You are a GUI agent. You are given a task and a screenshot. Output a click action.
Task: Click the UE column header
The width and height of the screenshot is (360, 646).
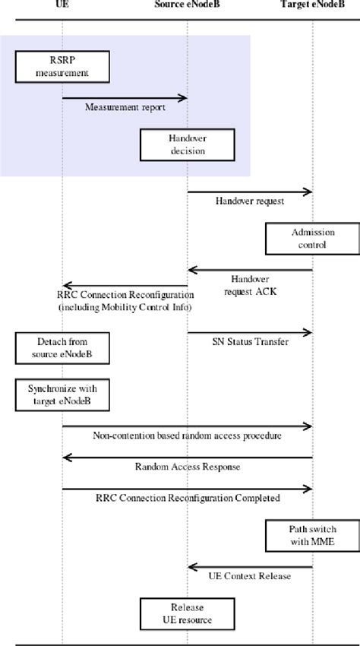tap(62, 5)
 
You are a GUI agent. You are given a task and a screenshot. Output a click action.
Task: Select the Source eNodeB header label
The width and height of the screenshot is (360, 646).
tap(187, 5)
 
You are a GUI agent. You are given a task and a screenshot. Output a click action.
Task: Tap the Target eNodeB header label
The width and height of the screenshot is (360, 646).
tap(312, 5)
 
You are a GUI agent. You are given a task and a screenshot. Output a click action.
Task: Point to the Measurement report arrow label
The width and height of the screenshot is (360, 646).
tap(125, 108)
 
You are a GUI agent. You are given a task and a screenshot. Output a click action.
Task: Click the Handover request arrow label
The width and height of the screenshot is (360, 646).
tap(250, 201)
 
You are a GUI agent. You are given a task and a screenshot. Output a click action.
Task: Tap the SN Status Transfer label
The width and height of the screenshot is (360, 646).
tap(250, 342)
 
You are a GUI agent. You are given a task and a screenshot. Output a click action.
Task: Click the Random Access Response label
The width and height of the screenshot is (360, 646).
tap(187, 467)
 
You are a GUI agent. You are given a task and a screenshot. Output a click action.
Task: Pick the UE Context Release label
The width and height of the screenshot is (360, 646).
tap(250, 576)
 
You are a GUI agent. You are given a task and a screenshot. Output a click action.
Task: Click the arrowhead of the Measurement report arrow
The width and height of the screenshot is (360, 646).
tap(183, 97)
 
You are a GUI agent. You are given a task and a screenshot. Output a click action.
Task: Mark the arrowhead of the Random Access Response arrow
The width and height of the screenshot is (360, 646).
tap(67, 458)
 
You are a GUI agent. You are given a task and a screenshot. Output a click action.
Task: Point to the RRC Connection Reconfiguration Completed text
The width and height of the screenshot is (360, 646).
tap(188, 499)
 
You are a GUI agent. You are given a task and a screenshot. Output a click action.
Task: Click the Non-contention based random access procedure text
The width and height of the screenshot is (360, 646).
tap(187, 435)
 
